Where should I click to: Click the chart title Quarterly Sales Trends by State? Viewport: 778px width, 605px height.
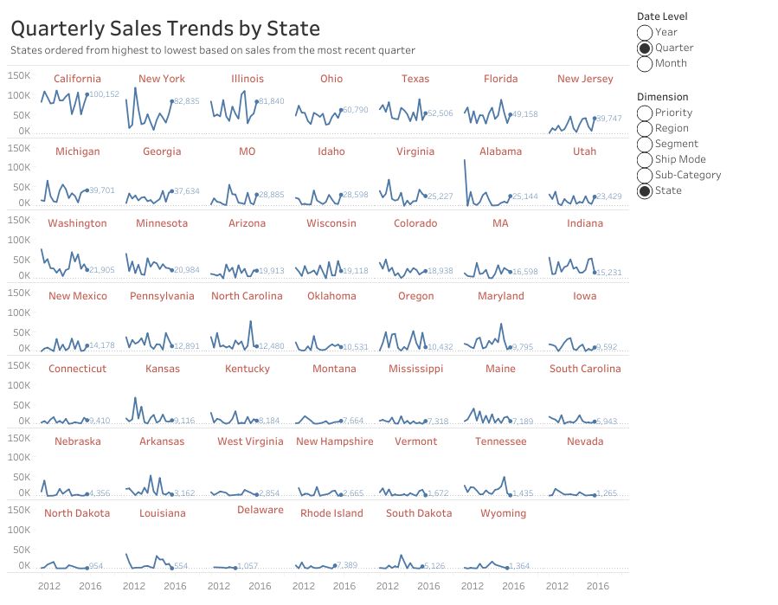pos(164,29)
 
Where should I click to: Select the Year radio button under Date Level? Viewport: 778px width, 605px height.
pos(645,32)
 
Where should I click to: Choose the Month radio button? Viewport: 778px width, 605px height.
pos(645,63)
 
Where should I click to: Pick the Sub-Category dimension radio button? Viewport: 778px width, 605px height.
pos(645,175)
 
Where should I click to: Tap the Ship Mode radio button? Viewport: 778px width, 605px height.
pos(645,159)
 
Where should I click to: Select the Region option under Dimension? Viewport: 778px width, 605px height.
pos(645,128)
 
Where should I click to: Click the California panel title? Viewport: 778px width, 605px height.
pos(78,79)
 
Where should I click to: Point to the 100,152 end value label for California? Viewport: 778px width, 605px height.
pos(105,94)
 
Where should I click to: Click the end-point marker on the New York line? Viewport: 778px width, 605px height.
pos(171,101)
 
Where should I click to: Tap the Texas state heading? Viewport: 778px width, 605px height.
pos(415,79)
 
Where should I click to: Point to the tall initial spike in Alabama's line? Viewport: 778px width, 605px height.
pos(466,161)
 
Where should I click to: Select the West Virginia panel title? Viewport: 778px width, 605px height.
pos(250,441)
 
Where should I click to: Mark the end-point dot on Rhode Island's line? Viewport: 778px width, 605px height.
pos(335,565)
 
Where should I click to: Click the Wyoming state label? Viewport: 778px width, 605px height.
pos(503,513)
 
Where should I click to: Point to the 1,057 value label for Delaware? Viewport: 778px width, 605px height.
pos(248,566)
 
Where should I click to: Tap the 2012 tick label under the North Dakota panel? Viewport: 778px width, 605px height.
pos(49,586)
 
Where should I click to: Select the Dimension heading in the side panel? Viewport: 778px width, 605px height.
pos(662,97)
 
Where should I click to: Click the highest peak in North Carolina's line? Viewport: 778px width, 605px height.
pos(251,321)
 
